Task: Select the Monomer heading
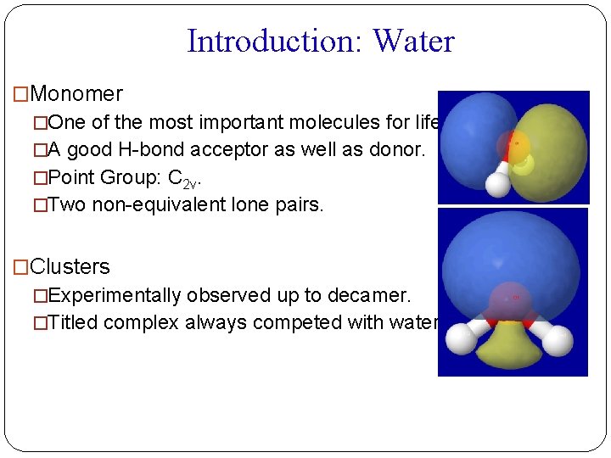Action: (x=76, y=94)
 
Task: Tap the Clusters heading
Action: (x=70, y=266)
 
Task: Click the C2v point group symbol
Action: (x=192, y=179)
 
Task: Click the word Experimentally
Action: (x=115, y=295)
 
